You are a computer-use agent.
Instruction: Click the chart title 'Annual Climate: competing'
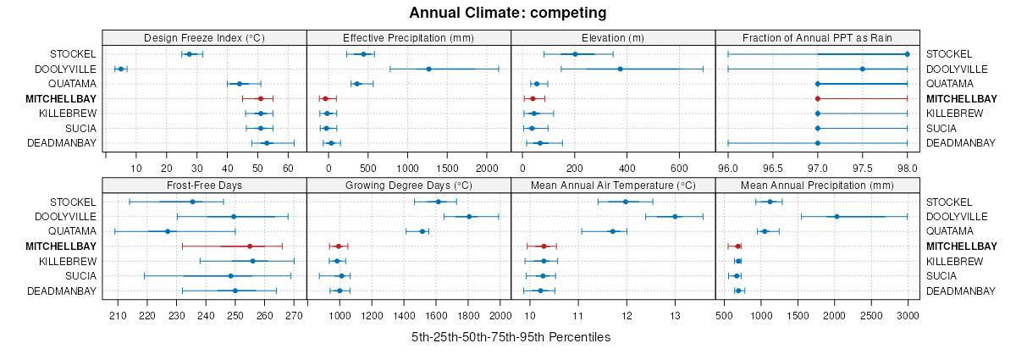tap(507, 13)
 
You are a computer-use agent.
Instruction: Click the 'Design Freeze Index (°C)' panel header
tap(204, 37)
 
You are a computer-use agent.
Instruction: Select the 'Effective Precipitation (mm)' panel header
tap(408, 37)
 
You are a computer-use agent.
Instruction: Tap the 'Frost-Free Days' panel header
tap(204, 186)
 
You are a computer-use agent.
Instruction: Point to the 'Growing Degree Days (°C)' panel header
tap(408, 186)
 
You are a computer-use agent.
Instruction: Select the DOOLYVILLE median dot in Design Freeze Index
tap(120, 69)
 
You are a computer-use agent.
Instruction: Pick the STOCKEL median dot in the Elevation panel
tap(575, 54)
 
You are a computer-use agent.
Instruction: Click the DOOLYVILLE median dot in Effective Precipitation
tap(428, 69)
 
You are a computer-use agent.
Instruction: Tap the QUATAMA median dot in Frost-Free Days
tap(168, 231)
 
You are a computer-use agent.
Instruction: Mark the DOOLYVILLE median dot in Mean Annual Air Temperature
tap(675, 216)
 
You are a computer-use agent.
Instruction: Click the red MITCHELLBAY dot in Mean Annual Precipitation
tap(738, 246)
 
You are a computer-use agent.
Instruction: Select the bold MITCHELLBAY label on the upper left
tap(62, 99)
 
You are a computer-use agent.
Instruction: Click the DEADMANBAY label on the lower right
tap(961, 291)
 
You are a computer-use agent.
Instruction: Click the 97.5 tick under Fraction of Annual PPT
tap(862, 167)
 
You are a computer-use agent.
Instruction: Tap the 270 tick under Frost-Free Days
tap(293, 315)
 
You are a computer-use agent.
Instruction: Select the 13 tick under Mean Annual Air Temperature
tap(675, 315)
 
